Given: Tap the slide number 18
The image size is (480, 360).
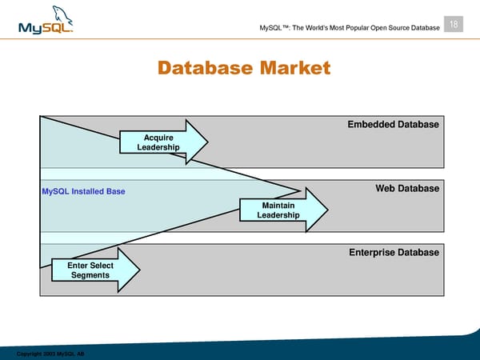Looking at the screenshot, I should (454, 25).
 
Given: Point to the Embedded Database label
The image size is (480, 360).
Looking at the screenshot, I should (393, 125).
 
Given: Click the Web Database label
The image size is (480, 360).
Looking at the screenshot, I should (407, 189).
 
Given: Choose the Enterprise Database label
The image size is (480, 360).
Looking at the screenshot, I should (394, 253).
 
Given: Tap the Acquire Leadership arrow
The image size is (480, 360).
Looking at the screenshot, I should (164, 143).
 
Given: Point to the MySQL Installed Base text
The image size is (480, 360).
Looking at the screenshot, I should (83, 192).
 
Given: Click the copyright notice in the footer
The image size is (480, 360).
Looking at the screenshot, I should (50, 353).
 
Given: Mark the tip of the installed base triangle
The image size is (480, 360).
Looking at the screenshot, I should (300, 190).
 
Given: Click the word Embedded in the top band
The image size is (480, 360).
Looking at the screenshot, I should (373, 125).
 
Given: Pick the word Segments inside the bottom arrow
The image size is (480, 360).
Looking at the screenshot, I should (90, 276).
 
